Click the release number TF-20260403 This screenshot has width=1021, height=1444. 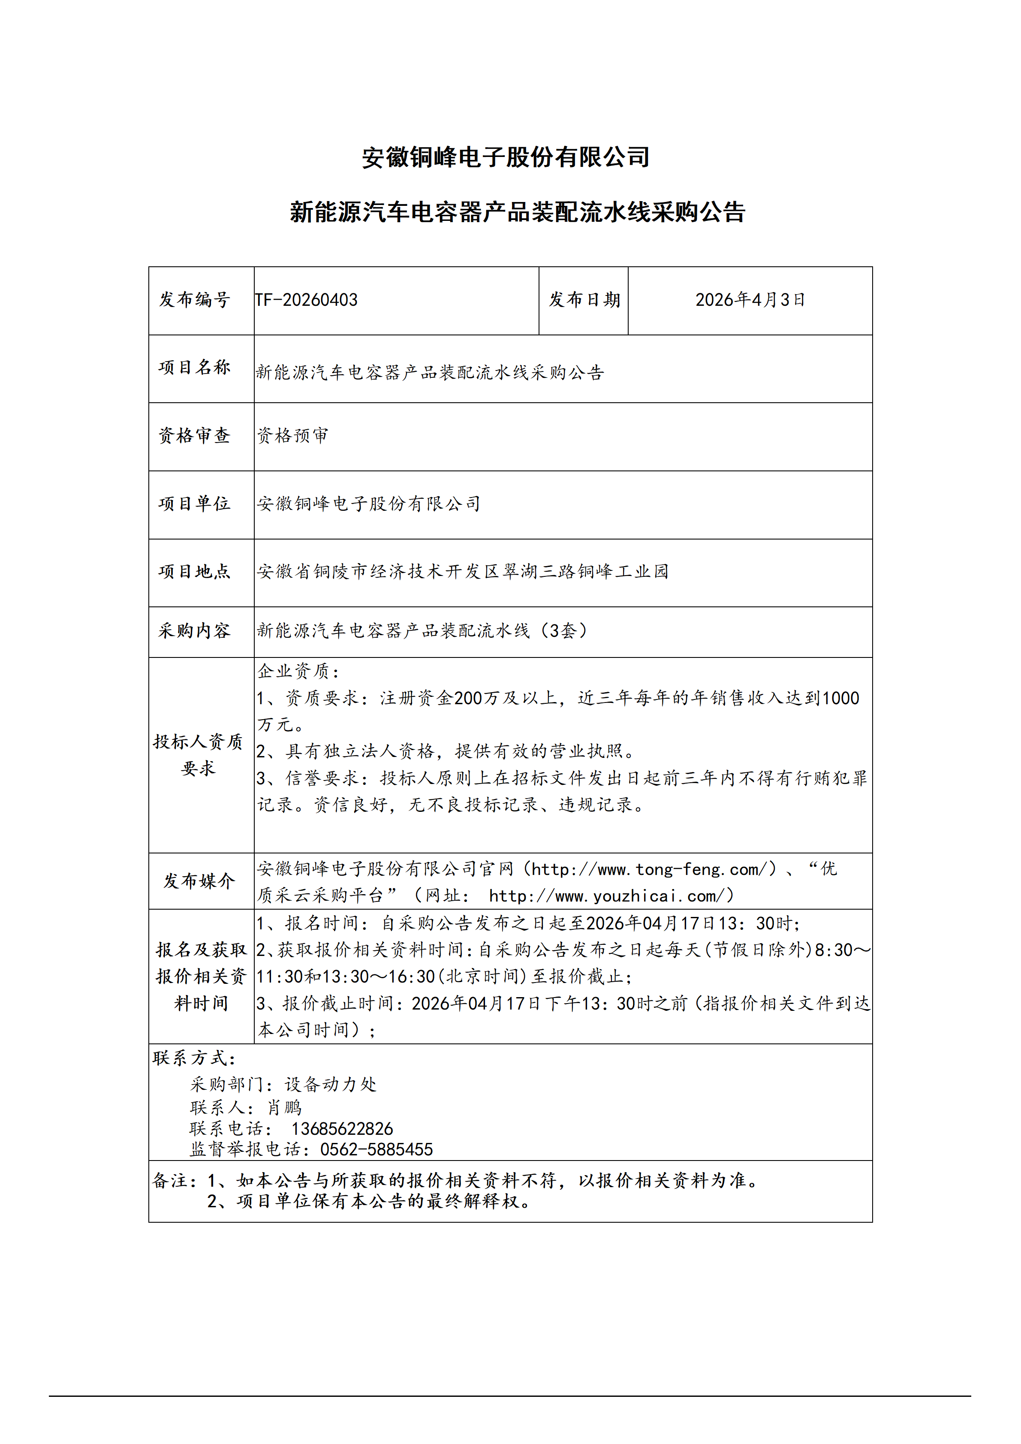pyautogui.click(x=306, y=300)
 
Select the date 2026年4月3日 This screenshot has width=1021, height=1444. pyautogui.click(x=750, y=300)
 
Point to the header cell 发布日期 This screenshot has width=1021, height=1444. pyautogui.click(x=584, y=300)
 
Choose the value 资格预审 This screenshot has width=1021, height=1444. pyautogui.click(x=292, y=435)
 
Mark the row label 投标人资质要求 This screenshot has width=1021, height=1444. pyautogui.click(x=198, y=755)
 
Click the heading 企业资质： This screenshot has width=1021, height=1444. pyautogui.click(x=298, y=672)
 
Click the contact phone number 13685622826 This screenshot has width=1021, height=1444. pyautogui.click(x=342, y=1129)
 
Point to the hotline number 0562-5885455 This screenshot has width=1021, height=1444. pyautogui.click(x=376, y=1150)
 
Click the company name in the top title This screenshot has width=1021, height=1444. pyautogui.click(x=506, y=157)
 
